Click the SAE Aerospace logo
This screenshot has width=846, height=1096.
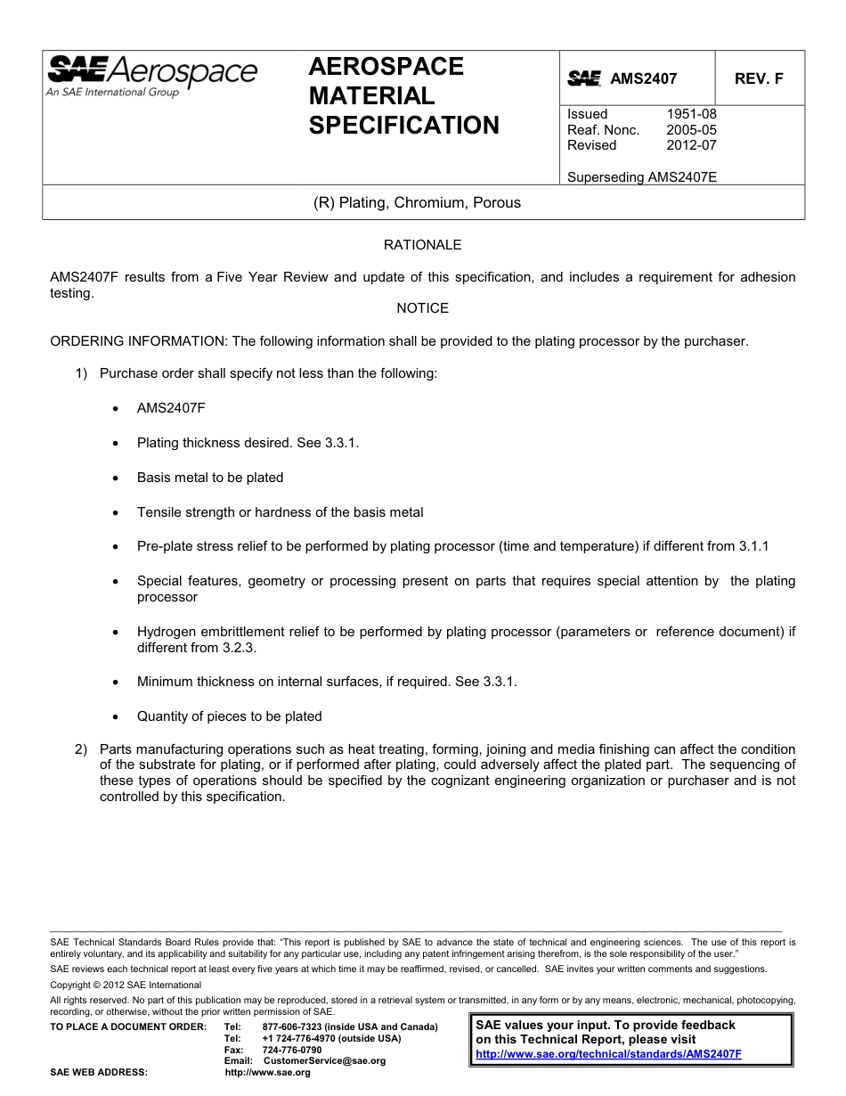point(151,74)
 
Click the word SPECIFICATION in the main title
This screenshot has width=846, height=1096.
point(403,126)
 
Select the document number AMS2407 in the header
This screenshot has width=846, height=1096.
point(643,78)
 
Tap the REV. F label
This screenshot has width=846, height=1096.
point(759,78)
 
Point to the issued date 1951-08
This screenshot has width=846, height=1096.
point(691,114)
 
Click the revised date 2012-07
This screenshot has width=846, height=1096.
point(691,145)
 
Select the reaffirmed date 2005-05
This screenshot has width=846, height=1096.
point(691,130)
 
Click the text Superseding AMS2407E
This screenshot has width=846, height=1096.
point(641,177)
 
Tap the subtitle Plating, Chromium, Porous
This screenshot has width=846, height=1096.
point(417,203)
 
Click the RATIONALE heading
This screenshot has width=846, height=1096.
point(422,245)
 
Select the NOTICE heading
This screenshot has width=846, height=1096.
point(422,308)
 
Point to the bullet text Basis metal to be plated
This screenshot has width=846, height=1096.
point(210,478)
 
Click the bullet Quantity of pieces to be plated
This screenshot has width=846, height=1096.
point(229,716)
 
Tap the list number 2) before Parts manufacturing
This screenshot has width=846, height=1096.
point(81,749)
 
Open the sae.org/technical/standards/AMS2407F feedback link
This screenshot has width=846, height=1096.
point(608,1054)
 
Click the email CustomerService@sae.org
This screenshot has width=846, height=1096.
point(325,1061)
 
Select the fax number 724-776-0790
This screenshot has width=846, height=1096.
point(292,1050)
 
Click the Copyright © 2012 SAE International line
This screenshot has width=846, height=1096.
point(126,985)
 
